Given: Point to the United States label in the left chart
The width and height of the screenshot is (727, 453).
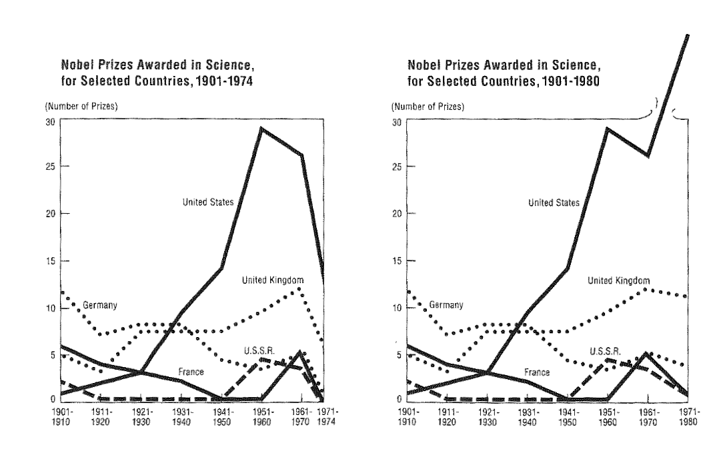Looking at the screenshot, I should click(208, 202).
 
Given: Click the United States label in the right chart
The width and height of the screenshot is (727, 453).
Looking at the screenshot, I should click(554, 202).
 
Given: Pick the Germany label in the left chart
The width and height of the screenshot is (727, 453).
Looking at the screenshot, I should click(100, 305).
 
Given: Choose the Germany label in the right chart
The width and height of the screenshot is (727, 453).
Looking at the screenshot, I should click(446, 305).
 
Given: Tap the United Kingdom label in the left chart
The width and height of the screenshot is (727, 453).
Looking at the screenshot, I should click(272, 280).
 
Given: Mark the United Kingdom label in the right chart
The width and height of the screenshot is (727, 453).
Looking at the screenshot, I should click(618, 280).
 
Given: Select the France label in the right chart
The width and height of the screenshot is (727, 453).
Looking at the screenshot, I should click(536, 372).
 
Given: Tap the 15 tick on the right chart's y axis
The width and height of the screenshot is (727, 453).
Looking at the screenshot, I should click(397, 260).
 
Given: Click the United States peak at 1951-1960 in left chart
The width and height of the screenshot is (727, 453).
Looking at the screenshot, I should click(261, 128).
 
